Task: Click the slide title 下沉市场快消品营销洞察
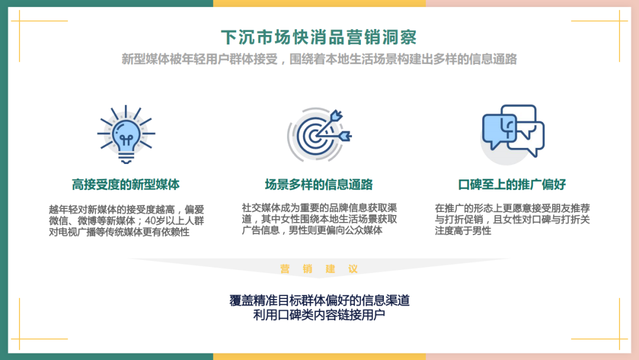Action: (319, 37)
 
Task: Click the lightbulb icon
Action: (126, 134)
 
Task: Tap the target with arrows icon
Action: (319, 134)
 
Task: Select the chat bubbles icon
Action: (512, 134)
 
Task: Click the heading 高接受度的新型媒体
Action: (125, 185)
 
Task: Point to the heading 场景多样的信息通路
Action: (319, 185)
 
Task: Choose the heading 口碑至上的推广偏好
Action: (512, 185)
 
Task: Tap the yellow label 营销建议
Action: (319, 269)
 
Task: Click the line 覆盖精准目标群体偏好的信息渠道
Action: (319, 300)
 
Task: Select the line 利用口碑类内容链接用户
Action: (319, 315)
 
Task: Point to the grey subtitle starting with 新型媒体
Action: (319, 59)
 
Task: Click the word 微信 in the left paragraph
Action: (58, 221)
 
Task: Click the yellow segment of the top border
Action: (319, 4)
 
